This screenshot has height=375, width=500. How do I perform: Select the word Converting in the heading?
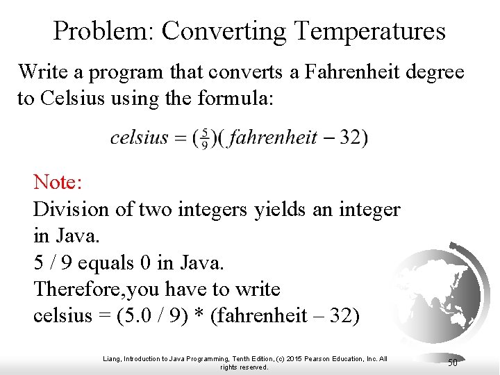[x=224, y=31]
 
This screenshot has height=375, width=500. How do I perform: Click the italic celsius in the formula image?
[x=139, y=137]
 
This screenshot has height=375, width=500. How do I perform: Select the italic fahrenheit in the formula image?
[x=273, y=137]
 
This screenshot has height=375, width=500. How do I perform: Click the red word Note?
[x=58, y=183]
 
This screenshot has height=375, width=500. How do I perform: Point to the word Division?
[x=72, y=209]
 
